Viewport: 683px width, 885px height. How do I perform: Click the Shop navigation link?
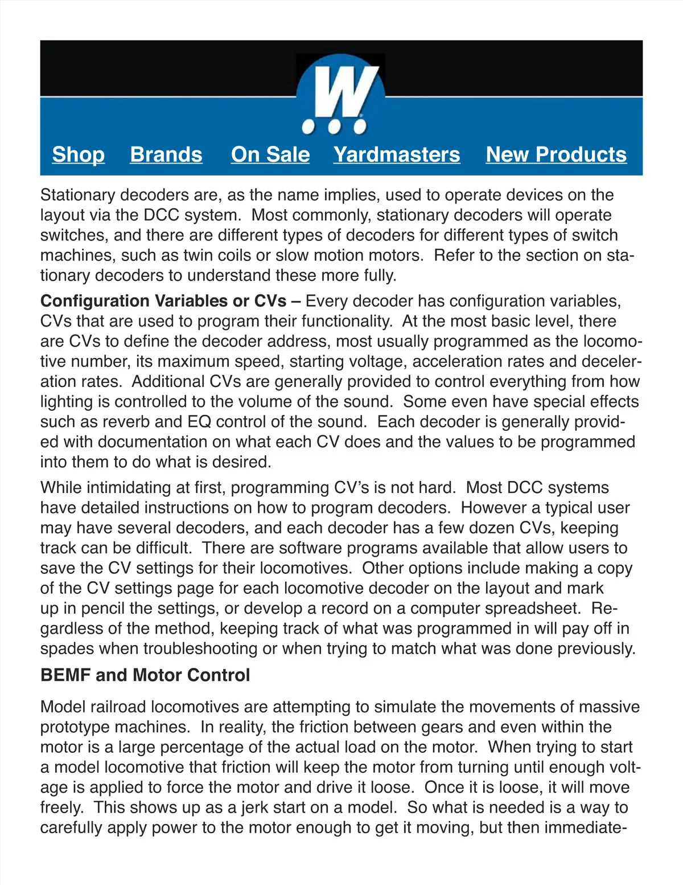tap(79, 154)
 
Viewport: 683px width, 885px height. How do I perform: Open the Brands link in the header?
tap(166, 154)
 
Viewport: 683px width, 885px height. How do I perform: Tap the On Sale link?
tap(270, 154)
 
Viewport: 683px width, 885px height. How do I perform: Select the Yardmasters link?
tap(397, 154)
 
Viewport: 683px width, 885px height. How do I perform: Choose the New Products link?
tap(556, 154)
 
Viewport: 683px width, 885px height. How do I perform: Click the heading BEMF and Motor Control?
tap(145, 675)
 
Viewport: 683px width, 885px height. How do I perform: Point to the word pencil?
tap(102, 609)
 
